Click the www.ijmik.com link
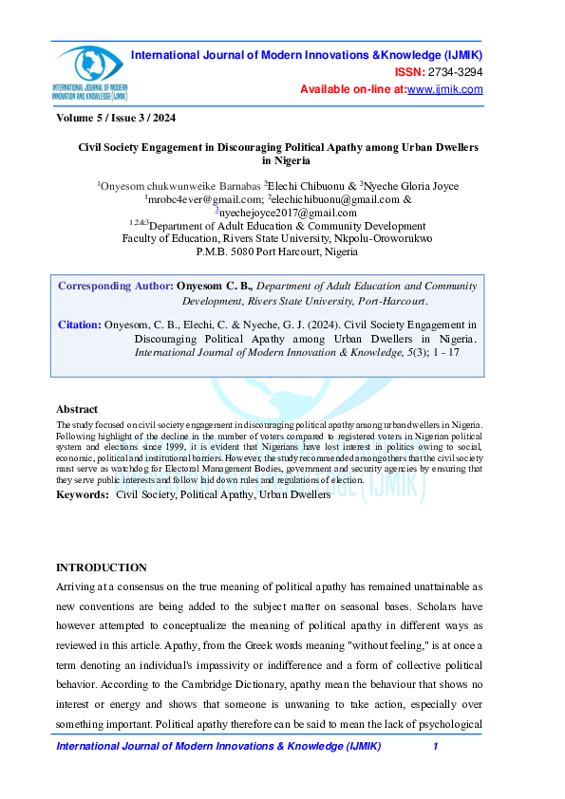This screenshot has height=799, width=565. [x=445, y=89]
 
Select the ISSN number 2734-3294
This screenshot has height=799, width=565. [x=457, y=72]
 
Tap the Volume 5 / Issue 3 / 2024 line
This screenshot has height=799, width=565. [x=116, y=119]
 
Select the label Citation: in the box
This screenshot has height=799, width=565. [x=79, y=325]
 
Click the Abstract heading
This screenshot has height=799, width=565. [x=77, y=409]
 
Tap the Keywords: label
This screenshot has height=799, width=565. [x=83, y=494]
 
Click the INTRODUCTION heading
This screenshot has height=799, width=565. [x=102, y=567]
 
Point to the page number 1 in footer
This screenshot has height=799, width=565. [x=435, y=748]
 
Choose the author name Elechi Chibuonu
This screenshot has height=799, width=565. [x=303, y=186]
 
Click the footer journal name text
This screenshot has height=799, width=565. [x=219, y=748]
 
